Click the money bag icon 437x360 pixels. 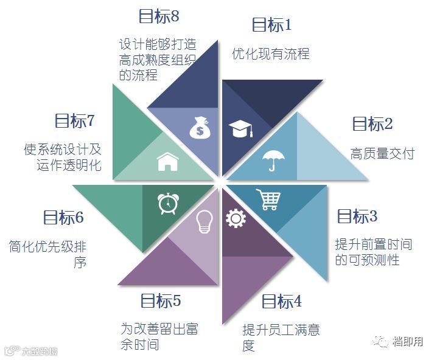[199, 129]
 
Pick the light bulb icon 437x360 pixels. [203, 223]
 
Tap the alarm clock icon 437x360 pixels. [166, 202]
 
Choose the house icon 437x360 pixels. [167, 161]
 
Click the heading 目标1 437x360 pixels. [272, 25]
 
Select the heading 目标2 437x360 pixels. [372, 124]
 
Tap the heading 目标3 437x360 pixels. [357, 216]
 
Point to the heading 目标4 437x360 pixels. [281, 301]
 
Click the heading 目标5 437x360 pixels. [161, 300]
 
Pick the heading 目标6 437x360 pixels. [63, 217]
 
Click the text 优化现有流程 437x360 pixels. [271, 54]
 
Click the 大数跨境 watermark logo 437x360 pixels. [32, 351]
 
